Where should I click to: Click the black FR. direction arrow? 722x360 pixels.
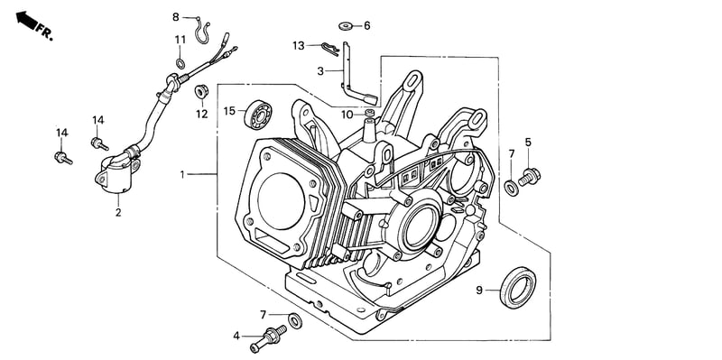[x=26, y=21]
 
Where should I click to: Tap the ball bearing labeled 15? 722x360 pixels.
[x=258, y=115]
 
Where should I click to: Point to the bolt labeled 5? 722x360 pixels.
[x=530, y=177]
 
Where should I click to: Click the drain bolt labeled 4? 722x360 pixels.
[x=268, y=338]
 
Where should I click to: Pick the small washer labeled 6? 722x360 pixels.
[x=346, y=26]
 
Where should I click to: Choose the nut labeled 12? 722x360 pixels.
[x=201, y=91]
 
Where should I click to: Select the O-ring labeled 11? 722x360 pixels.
[x=180, y=63]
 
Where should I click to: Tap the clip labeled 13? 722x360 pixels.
[x=330, y=49]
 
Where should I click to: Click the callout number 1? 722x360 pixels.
[x=182, y=174]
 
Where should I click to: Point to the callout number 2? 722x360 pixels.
[x=118, y=213]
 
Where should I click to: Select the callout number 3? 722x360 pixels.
[x=320, y=71]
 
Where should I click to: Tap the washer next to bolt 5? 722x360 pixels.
[x=511, y=188]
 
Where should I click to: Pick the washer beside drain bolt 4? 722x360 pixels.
[x=295, y=320]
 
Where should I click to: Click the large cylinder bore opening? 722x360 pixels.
[x=281, y=201]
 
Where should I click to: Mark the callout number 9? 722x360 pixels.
[x=479, y=291]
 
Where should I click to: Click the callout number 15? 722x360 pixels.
[x=229, y=111]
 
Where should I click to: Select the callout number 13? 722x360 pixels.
[x=299, y=46]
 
